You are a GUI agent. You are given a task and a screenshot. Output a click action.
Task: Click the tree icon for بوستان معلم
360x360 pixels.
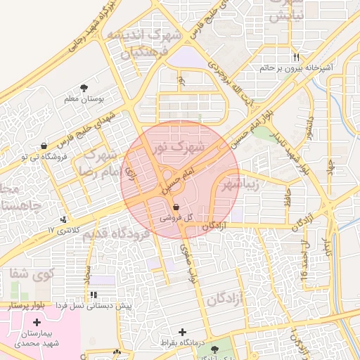coord(85,88)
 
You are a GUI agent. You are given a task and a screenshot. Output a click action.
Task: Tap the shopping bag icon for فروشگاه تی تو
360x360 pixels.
coord(45,146)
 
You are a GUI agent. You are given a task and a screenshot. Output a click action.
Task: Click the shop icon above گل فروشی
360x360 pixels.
coord(175,207)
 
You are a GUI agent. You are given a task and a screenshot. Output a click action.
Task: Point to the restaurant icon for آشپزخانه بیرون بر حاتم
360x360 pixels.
coord(297,57)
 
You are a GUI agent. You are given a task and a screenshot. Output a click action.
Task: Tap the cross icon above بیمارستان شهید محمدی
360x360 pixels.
coord(37,322)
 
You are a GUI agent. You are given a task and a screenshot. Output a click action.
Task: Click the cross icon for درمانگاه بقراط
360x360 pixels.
coord(184,331)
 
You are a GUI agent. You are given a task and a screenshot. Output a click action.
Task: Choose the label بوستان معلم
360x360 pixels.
coord(84,99)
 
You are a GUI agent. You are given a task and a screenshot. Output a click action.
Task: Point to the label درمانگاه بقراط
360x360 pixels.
coord(182,342)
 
